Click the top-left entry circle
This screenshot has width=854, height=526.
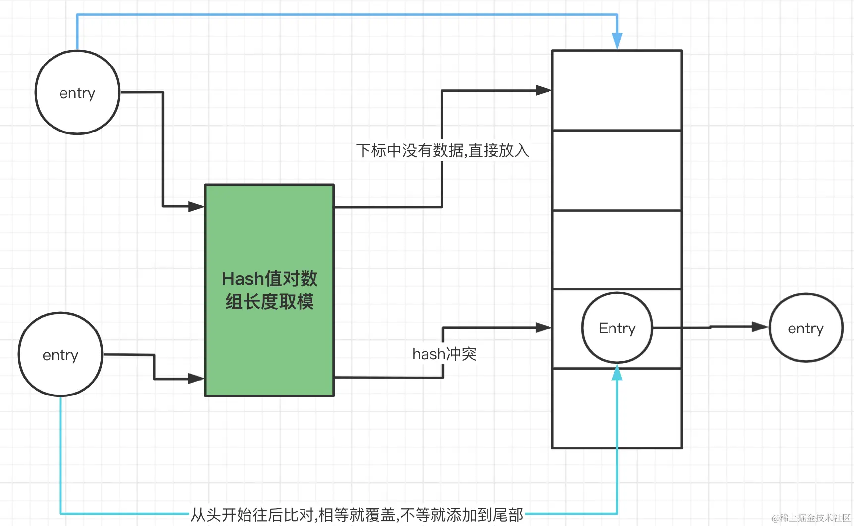tap(77, 93)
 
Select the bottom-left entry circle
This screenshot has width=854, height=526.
tap(61, 355)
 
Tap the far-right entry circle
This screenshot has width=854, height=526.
tap(805, 328)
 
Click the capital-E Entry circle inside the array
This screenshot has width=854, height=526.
tap(617, 328)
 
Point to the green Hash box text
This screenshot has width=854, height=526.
tap(269, 290)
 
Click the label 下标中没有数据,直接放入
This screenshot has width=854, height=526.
tap(442, 150)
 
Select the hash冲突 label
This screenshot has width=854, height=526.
tap(444, 354)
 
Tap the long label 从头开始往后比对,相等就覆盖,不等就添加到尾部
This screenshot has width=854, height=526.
tap(357, 515)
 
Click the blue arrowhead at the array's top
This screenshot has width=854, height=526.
tap(617, 40)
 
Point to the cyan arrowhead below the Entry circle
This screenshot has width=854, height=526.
tap(617, 373)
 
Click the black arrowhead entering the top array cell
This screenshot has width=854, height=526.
tap(544, 90)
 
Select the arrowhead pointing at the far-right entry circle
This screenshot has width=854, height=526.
tap(760, 327)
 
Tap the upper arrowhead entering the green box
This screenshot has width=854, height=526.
tap(196, 206)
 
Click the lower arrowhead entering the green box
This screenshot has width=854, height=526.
tap(196, 379)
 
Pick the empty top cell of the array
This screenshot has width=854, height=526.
tap(617, 90)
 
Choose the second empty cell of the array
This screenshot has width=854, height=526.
tap(617, 170)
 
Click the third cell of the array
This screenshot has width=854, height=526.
tap(617, 250)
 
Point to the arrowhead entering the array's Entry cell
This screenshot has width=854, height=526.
tap(544, 328)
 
